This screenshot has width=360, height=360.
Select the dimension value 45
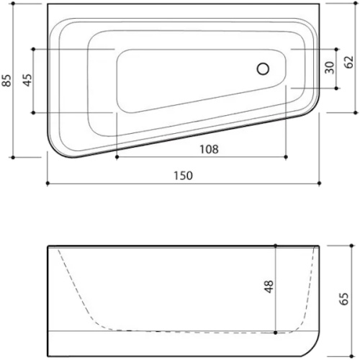27,80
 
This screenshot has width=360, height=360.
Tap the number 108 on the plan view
207,149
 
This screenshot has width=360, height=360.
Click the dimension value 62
349,61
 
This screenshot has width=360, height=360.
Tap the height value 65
344,297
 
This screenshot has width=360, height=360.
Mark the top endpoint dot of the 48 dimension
276,246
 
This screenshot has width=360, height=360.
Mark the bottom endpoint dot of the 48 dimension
276,333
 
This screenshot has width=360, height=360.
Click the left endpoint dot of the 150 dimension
48,184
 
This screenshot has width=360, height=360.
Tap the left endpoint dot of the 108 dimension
116,157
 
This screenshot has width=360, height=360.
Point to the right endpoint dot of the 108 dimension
287,157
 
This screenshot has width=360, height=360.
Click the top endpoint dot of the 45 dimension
34,49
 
